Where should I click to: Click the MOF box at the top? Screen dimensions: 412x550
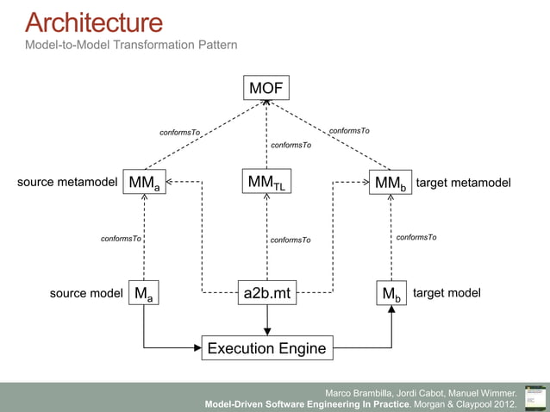pos(266,88)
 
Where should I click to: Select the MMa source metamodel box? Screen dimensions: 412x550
pos(144,183)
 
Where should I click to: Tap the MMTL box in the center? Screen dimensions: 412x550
pos(266,182)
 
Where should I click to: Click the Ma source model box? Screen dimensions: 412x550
pos(144,294)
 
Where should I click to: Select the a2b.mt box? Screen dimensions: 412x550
pos(267,294)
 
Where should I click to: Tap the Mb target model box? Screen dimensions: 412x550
pos(391,294)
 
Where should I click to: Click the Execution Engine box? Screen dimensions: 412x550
pos(266,348)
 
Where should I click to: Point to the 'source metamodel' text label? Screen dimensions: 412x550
pos(66,183)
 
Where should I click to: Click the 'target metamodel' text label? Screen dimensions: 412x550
pos(463,183)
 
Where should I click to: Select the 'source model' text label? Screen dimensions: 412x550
pos(86,294)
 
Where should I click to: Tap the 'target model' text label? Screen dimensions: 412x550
pos(447,293)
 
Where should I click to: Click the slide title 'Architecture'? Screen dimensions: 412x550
pos(93,22)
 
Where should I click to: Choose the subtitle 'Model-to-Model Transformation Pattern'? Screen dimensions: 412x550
pos(131,44)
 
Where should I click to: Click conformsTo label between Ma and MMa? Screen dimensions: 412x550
pos(121,238)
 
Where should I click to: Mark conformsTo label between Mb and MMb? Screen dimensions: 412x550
pos(416,237)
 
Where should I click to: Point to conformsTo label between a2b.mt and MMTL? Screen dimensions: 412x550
pos(291,240)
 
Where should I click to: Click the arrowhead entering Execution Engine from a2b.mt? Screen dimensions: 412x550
pos(267,330)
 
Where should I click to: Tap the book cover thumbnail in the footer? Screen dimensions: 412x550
pos(534,396)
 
